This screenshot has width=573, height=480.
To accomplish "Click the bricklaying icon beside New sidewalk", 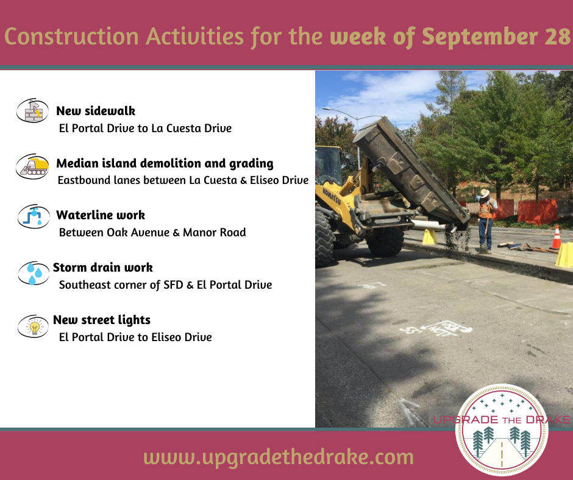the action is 32,110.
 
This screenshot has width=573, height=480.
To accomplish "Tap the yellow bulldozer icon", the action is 32,166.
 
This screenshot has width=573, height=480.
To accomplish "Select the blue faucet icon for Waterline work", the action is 34,216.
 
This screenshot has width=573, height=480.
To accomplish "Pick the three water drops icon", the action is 34,273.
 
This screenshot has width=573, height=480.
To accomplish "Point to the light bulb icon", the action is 34,326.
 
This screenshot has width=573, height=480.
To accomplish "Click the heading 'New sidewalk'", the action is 96,111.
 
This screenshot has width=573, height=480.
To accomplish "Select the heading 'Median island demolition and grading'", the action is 165,163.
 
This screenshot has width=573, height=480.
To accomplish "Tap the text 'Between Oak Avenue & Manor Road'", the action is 152,232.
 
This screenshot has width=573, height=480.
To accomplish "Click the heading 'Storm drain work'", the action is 102,267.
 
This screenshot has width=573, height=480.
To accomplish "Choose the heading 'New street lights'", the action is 102,320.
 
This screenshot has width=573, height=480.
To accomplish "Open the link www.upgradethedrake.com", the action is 279,457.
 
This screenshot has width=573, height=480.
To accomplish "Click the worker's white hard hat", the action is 485,192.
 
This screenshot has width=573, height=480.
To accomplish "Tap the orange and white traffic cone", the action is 556,238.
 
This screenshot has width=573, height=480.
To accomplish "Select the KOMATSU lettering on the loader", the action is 332,196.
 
